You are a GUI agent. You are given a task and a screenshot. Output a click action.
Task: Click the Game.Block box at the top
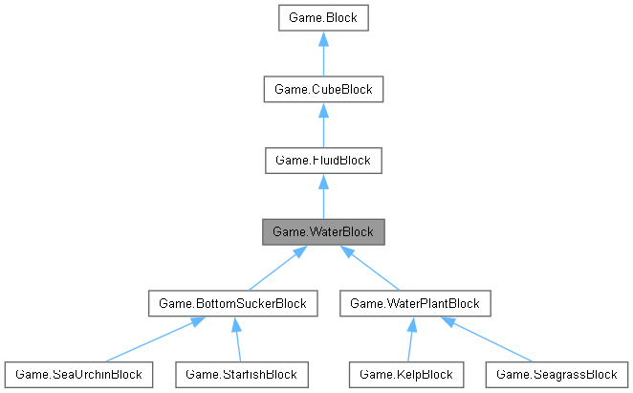[x=323, y=17]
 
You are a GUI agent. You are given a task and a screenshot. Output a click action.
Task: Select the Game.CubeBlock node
[x=323, y=89]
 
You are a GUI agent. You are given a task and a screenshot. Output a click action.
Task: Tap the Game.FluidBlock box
[x=323, y=161]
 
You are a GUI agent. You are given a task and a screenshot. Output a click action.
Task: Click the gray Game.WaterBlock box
[x=323, y=231]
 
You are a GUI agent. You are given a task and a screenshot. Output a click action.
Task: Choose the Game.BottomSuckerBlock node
[x=233, y=304]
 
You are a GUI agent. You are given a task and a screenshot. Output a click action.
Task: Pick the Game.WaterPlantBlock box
[x=415, y=304]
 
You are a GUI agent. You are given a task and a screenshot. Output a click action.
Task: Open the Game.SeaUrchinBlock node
[x=78, y=374]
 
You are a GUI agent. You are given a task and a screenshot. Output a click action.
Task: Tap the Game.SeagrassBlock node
[x=557, y=374]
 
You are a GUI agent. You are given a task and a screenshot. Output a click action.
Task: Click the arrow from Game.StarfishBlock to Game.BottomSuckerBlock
[x=236, y=340]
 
